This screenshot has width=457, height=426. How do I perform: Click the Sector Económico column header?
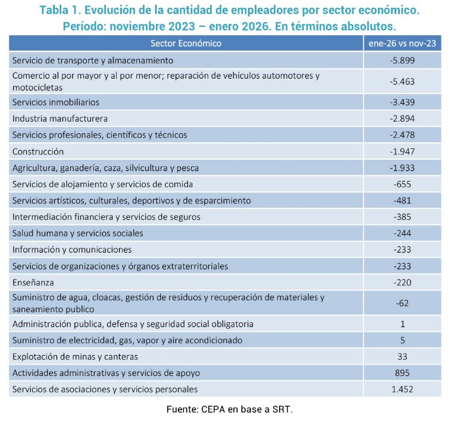coord(186,43)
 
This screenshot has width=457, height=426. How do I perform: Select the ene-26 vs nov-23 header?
coord(402,43)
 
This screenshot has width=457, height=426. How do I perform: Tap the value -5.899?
coord(402,60)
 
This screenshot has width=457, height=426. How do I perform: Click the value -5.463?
coord(402,82)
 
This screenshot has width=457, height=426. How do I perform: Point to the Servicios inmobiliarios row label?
coord(56,102)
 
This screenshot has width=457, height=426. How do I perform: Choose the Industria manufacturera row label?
coord(60,119)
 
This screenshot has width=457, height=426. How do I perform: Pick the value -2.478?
coord(402,135)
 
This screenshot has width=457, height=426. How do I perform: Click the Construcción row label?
coord(38,152)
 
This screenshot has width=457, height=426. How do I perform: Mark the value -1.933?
coord(402,168)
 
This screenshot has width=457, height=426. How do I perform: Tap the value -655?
coord(402,185)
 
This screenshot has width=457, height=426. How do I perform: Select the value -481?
coord(402,201)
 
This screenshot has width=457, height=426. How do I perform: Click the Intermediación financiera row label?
coord(107,217)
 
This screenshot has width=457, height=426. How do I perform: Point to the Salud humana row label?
coord(78,234)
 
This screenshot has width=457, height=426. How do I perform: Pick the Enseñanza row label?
coord(33,283)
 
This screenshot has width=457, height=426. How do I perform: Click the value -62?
coord(402,303)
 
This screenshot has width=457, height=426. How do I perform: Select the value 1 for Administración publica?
coord(402,324)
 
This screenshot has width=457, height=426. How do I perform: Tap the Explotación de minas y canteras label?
coord(75,357)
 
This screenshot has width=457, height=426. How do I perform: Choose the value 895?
coord(402,373)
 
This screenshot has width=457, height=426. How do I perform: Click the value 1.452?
coord(402,390)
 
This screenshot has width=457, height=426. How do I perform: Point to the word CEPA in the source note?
coord(213,410)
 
